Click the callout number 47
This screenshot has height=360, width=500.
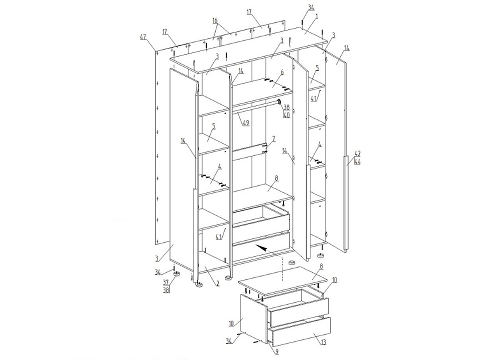pyautogui.click(x=142, y=37)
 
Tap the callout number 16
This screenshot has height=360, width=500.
pyautogui.click(x=215, y=20)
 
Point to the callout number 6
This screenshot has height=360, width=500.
pyautogui.click(x=282, y=72)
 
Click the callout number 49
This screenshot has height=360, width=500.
pyautogui.click(x=245, y=123)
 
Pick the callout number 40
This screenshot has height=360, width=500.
pyautogui.click(x=286, y=115)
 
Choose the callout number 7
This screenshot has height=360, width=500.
pyautogui.click(x=273, y=138)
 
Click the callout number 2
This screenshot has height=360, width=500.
pyautogui.click(x=217, y=283)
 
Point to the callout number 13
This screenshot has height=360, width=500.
pyautogui.click(x=323, y=342)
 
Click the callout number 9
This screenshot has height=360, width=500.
pyautogui.click(x=276, y=351)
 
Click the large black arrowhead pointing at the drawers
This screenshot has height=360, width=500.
pyautogui.click(x=261, y=248)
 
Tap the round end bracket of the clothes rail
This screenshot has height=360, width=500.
pyautogui.click(x=279, y=102)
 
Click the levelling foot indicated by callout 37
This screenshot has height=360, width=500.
pyautogui.click(x=176, y=274)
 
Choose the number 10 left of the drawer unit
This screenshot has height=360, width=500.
pyautogui.click(x=230, y=323)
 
